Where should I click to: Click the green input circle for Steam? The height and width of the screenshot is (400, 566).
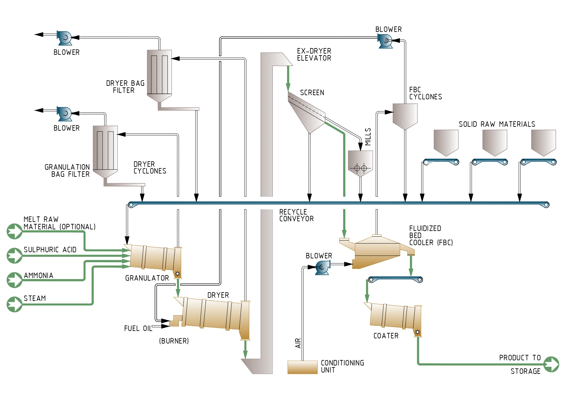(15, 304)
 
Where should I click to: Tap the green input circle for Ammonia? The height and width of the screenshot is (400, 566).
(15, 280)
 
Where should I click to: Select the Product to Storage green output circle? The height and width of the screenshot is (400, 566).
(551, 364)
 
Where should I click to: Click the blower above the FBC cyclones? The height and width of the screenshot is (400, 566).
(385, 41)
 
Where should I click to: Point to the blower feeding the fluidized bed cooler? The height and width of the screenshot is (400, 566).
(322, 267)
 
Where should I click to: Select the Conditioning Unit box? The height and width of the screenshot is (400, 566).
(303, 367)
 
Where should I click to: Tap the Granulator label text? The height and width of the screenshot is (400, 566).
(147, 278)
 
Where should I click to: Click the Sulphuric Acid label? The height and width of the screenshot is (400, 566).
(50, 250)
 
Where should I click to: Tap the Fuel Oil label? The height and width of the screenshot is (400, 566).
(138, 328)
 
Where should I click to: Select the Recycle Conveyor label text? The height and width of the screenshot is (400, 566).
(296, 215)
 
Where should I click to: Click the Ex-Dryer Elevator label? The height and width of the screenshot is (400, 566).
(314, 55)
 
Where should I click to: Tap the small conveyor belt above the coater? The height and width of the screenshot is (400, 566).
(395, 279)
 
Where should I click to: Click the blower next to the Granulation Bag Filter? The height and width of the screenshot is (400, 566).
(65, 114)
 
